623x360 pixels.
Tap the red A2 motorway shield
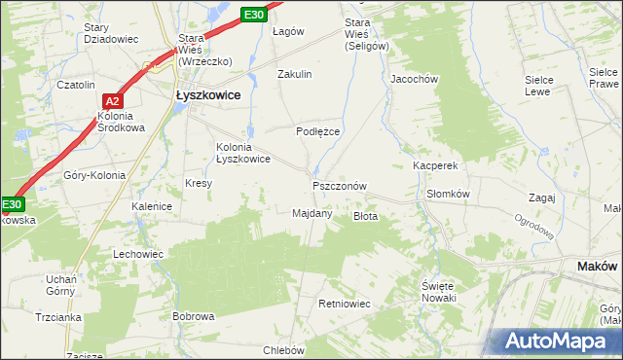coord(112,100)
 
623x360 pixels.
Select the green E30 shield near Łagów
coord(253,15)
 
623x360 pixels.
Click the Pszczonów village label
coord(340,185)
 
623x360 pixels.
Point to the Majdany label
coord(312,213)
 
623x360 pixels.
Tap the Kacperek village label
coord(435,166)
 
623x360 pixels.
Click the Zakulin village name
coord(294,74)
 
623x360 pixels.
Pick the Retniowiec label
coord(345,305)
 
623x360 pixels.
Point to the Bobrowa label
coord(193,316)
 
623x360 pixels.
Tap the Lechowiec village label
coord(138,253)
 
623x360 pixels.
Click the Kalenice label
coord(152,206)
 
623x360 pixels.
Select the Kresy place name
coord(199,183)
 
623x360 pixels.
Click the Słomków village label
coord(449,194)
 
